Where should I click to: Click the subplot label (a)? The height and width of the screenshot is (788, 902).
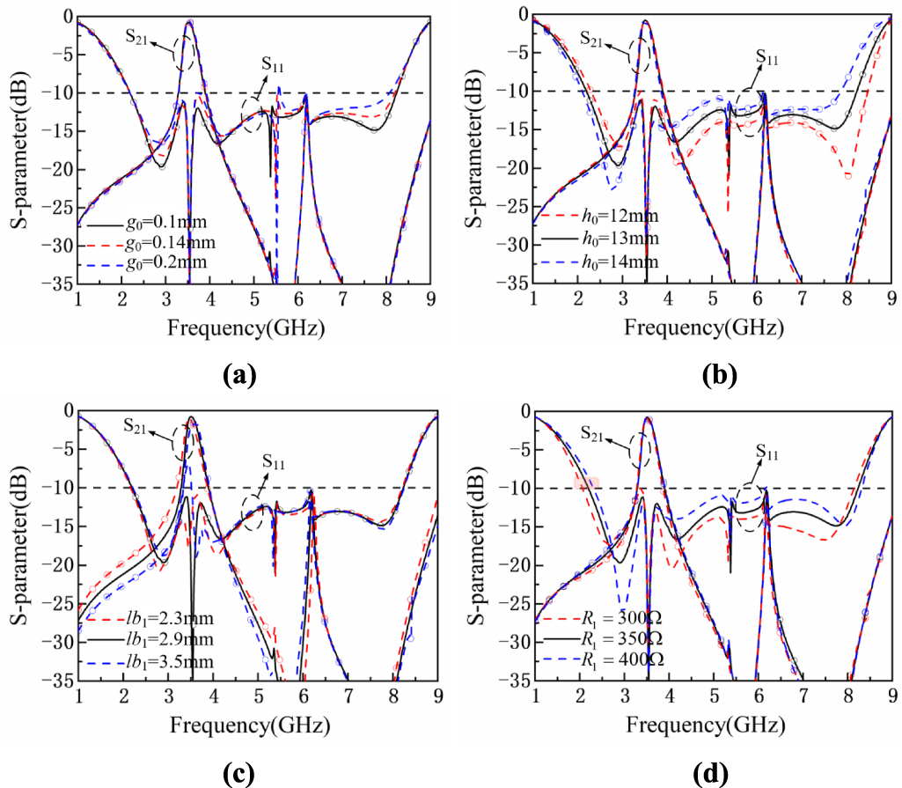point(238,376)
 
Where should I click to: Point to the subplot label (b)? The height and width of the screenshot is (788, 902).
point(719,376)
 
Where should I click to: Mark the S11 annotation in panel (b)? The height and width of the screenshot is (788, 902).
point(768,58)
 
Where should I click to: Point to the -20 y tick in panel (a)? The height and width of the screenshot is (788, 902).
point(55,170)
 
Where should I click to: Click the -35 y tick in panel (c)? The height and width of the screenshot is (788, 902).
point(55,681)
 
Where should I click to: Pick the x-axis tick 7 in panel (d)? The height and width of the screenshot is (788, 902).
point(803,698)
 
